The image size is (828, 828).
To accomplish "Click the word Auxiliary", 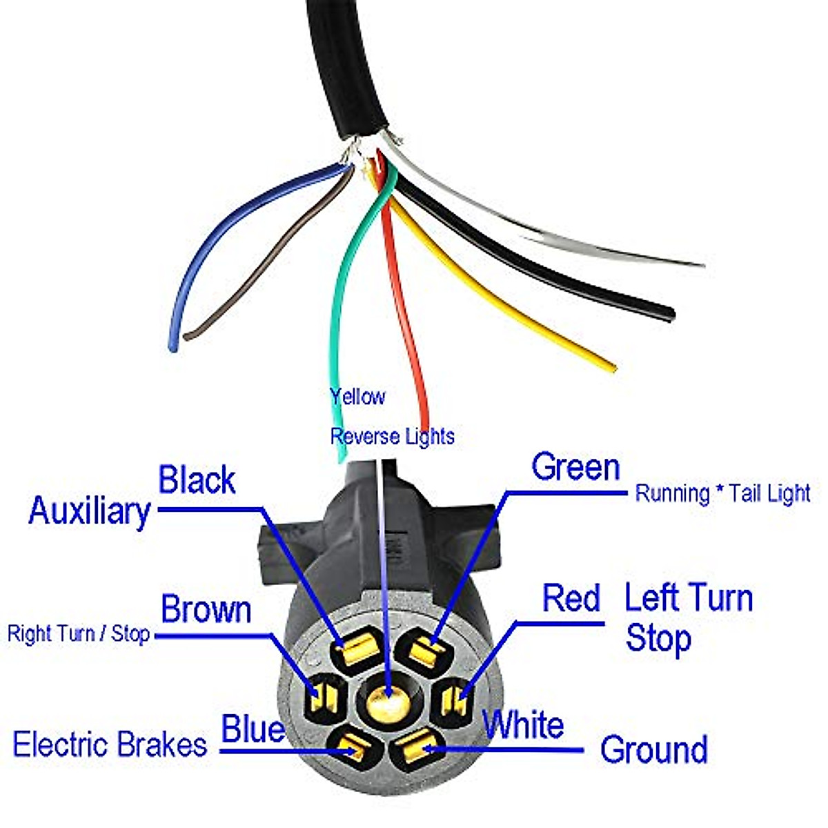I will (x=89, y=511).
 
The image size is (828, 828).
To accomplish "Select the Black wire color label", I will (x=197, y=480).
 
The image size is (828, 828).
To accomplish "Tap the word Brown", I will (x=206, y=610).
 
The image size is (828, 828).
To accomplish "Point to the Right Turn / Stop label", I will (x=78, y=633).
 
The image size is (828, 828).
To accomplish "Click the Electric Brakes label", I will (x=110, y=745).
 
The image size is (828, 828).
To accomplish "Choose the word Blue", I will (x=253, y=729).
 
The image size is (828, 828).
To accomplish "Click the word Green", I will (x=575, y=467).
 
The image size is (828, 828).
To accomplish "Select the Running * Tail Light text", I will (x=722, y=493).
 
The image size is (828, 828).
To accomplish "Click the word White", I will (x=524, y=725).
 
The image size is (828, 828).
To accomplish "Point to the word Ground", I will (x=653, y=749).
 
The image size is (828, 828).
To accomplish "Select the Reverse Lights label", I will (x=392, y=436).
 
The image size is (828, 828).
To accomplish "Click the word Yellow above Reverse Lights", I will (x=357, y=397).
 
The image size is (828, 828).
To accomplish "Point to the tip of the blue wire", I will (x=173, y=346).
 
